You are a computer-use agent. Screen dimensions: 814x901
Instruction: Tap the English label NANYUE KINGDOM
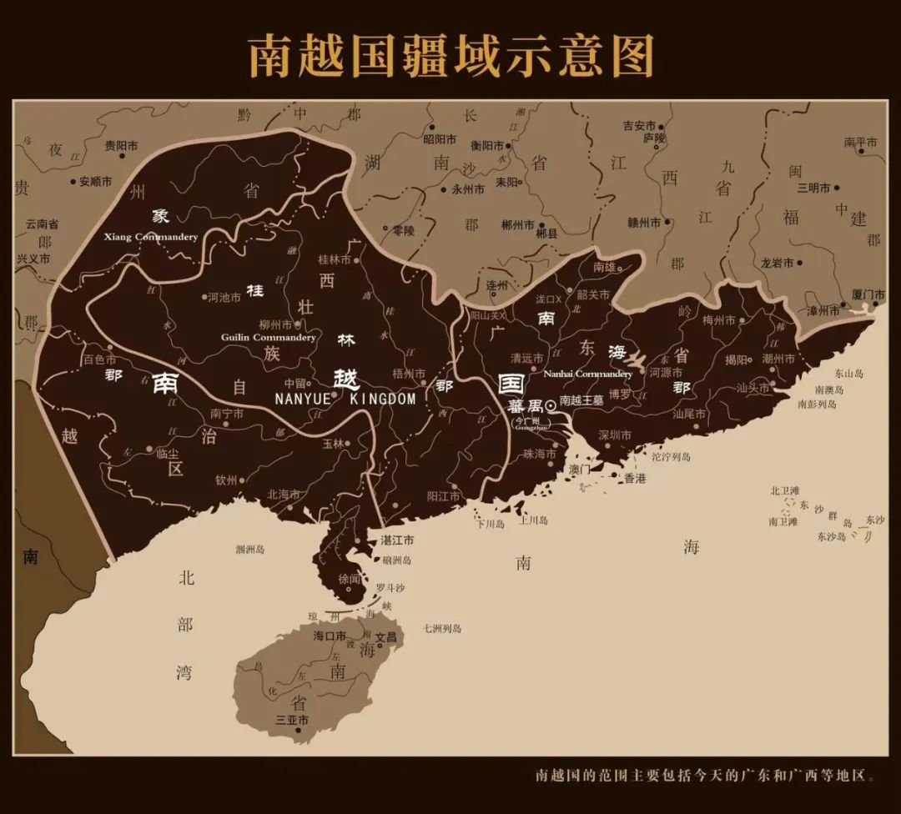(345, 399)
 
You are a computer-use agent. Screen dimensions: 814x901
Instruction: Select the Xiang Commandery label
(151, 237)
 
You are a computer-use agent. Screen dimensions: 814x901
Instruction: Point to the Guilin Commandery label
(268, 338)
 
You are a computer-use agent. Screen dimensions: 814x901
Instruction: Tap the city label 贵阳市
(120, 145)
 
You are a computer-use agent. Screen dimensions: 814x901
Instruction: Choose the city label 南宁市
(227, 413)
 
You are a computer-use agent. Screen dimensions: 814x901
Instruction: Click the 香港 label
(635, 479)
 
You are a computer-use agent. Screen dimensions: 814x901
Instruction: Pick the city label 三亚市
(292, 720)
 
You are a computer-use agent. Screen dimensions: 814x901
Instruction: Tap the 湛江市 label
(397, 540)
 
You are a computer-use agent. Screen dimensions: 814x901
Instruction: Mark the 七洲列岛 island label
(442, 628)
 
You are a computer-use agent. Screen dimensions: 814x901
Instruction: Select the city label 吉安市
(640, 126)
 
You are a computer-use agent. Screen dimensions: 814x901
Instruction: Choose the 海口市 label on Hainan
(330, 636)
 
